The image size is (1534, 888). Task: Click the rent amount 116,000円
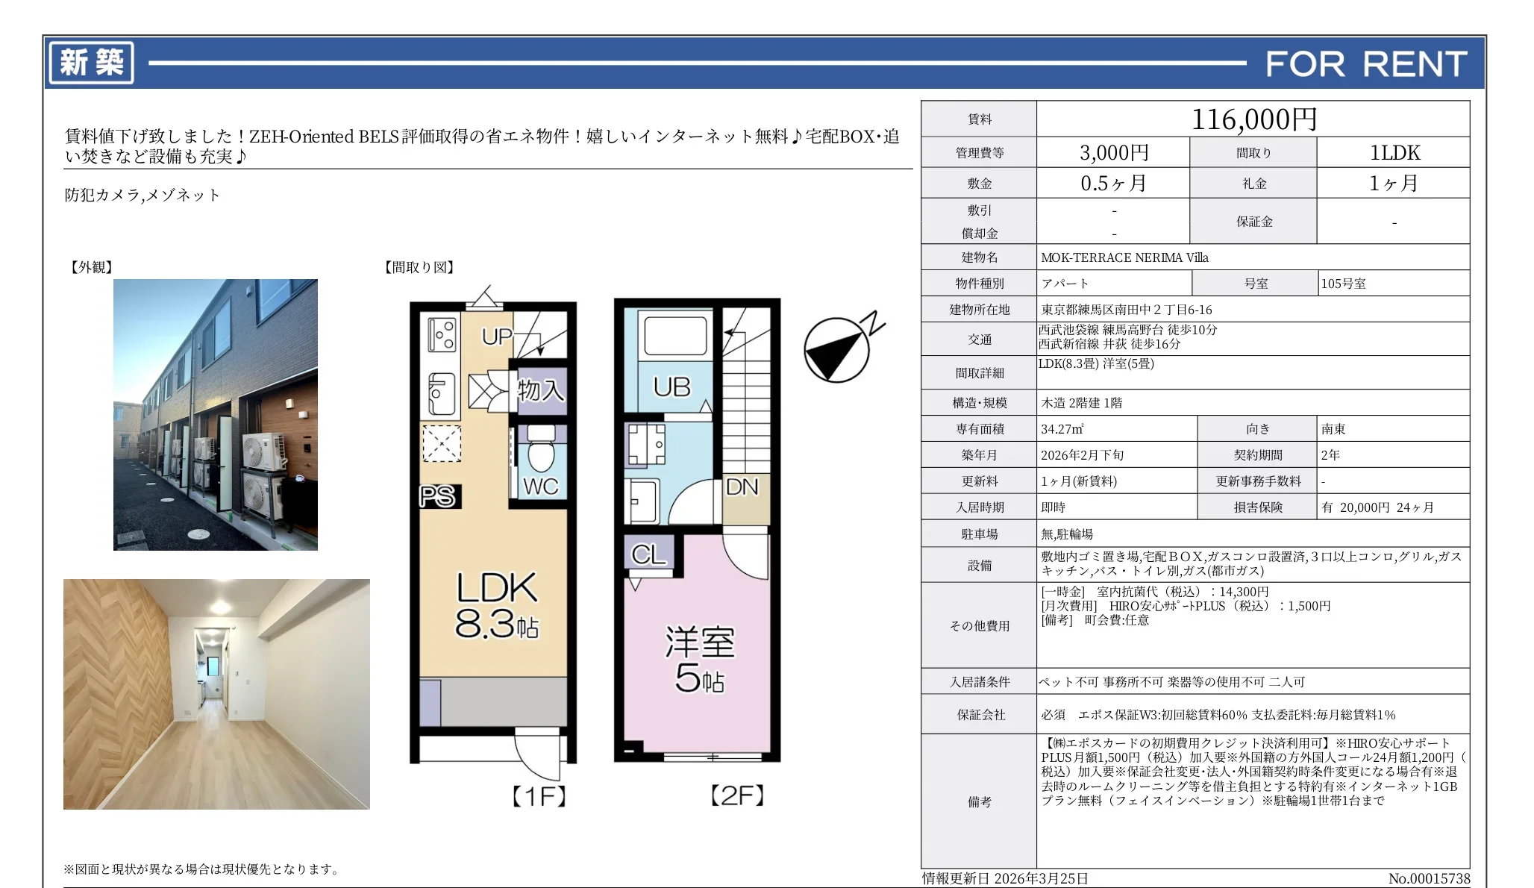(x=1253, y=119)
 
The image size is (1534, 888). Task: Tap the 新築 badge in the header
(x=91, y=63)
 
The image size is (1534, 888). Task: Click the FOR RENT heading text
(x=1365, y=64)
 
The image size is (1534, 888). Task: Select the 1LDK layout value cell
(x=1394, y=153)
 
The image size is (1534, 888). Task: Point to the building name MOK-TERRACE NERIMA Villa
(x=1124, y=257)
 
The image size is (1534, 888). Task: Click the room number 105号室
(x=1343, y=284)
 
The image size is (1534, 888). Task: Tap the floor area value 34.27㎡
(x=1062, y=429)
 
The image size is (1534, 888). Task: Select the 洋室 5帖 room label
(x=699, y=660)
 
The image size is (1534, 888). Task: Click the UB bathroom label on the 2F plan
(x=671, y=387)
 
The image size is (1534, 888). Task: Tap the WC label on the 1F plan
(x=540, y=487)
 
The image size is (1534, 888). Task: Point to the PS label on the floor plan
(x=437, y=496)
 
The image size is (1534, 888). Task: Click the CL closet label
(x=648, y=554)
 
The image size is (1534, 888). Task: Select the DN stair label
(x=742, y=487)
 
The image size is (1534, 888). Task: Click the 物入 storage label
(x=540, y=390)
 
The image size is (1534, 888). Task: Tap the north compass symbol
(x=837, y=349)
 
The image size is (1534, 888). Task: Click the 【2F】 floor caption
(x=737, y=795)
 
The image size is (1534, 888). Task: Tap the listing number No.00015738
(x=1428, y=878)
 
